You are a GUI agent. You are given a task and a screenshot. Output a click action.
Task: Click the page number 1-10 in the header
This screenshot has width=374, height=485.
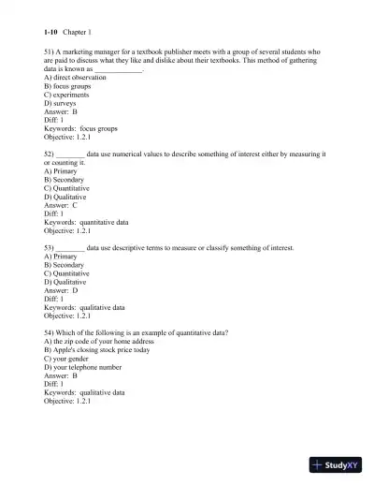coord(51,32)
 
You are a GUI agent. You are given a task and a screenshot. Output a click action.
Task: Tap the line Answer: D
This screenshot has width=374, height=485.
coord(61,290)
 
